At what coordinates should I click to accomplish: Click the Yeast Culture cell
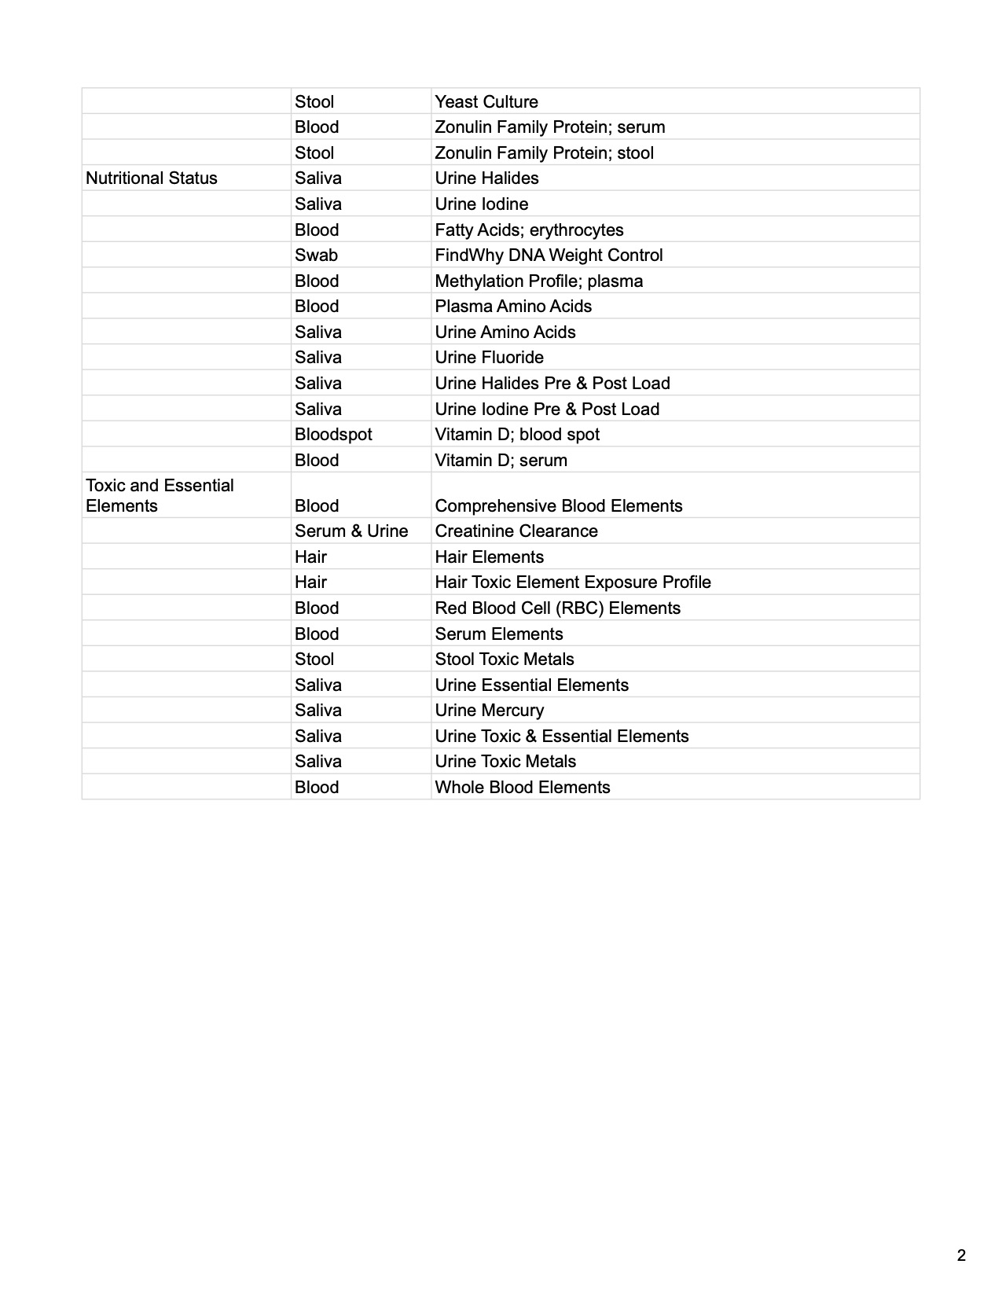point(486,101)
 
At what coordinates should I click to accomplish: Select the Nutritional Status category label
point(152,178)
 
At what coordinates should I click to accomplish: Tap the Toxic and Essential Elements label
point(160,495)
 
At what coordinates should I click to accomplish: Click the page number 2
point(961,1255)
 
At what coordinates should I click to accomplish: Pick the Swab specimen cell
point(316,255)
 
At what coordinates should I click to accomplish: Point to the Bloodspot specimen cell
point(333,434)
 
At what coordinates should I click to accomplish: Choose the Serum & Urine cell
point(351,531)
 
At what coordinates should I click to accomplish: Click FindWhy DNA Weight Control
point(549,255)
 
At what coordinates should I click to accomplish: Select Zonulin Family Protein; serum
point(549,127)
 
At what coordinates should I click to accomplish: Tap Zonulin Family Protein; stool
point(544,152)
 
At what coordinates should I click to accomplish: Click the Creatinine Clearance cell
point(516,531)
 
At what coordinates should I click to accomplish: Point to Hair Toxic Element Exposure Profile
point(573,582)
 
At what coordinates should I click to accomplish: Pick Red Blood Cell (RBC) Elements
point(557,608)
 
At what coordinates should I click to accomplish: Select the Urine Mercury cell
point(489,710)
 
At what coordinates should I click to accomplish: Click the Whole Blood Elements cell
point(522,787)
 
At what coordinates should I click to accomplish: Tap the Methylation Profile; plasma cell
point(538,281)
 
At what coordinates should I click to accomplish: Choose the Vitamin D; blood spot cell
point(517,434)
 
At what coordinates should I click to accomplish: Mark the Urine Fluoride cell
point(489,357)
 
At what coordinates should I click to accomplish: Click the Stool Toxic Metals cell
point(505,659)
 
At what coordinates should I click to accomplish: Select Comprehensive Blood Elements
point(558,505)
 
